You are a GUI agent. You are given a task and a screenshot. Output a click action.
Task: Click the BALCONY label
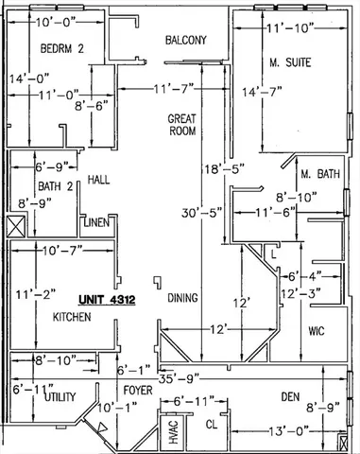coord(186,41)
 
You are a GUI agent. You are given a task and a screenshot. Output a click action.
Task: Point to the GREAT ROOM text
coord(181,127)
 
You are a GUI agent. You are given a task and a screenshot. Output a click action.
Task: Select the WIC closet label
coord(317,331)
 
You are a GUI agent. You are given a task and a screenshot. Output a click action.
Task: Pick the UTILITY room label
coord(59,398)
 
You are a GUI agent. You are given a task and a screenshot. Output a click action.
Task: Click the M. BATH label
coord(319,176)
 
